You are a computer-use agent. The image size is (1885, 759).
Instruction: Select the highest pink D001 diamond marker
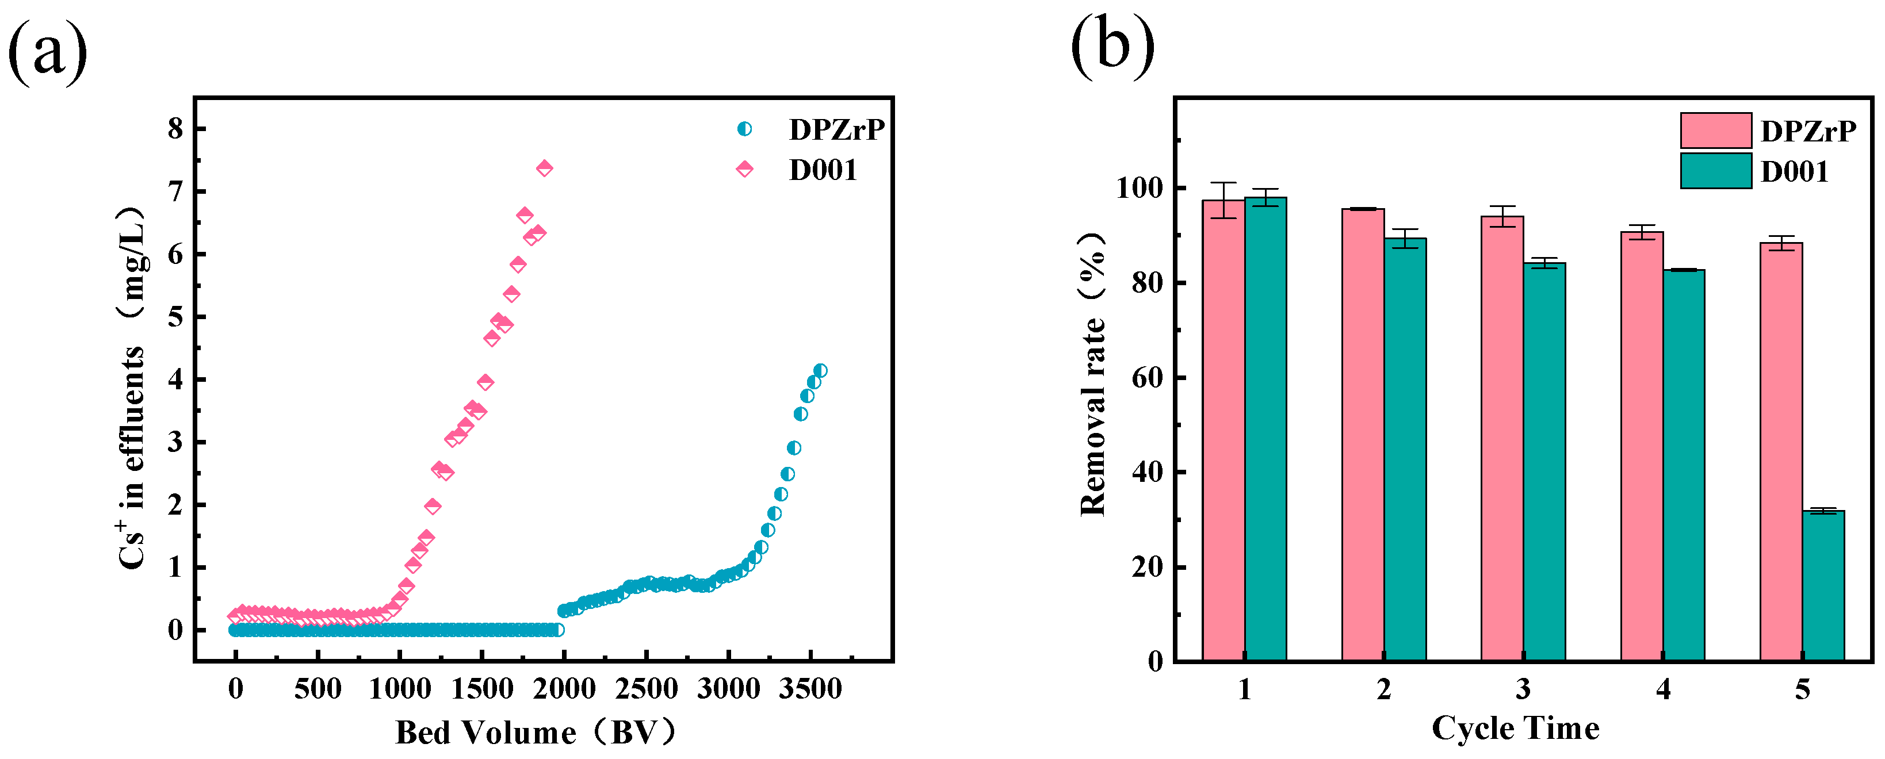(x=544, y=168)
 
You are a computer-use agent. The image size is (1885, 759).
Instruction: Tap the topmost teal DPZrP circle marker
(x=820, y=371)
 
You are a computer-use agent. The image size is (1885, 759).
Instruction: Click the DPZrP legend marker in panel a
(x=744, y=129)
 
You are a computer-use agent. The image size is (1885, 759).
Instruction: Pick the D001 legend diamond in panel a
(x=744, y=170)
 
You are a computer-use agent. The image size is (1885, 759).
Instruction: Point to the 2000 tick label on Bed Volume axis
(x=564, y=689)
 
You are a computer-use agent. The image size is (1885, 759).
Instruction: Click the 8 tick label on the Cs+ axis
(x=175, y=129)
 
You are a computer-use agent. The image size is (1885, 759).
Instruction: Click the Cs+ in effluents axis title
(x=132, y=388)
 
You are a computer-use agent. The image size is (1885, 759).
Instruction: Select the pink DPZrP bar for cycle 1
(x=1223, y=431)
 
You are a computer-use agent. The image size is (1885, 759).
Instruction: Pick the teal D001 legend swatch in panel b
(x=1715, y=171)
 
